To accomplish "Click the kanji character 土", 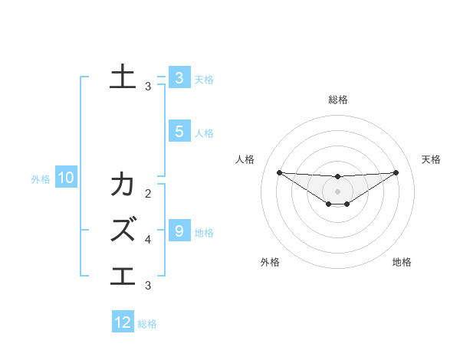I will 123,77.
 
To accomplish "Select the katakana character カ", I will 123,185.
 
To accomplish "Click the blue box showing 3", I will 179,77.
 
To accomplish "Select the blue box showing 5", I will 179,132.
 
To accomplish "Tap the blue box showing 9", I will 179,231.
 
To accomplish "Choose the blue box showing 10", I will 65,178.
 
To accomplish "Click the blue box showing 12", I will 123,322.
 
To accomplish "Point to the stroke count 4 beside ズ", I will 148,240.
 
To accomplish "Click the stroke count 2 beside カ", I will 148,194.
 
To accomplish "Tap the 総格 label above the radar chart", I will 337,100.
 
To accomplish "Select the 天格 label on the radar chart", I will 431,159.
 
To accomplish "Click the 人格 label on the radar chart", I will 245,159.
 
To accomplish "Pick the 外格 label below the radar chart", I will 270,262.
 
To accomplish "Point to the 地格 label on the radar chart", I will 402,262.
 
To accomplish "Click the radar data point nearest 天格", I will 396,172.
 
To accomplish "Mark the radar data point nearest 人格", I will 279,172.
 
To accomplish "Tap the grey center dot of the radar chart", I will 337,191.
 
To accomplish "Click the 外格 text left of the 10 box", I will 41,179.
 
